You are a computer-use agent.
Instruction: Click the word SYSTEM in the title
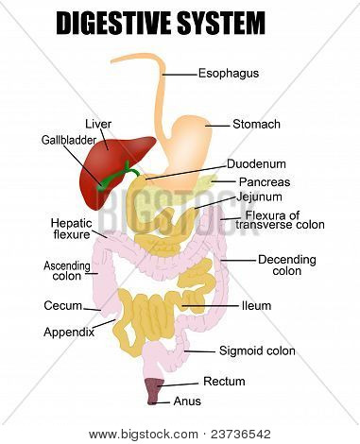pyautogui.click(x=221, y=23)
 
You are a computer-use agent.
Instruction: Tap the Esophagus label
pyautogui.click(x=229, y=74)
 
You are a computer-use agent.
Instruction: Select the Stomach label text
pyautogui.click(x=256, y=124)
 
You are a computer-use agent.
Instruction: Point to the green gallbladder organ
pyautogui.click(x=117, y=177)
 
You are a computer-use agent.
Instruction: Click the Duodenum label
pyautogui.click(x=256, y=163)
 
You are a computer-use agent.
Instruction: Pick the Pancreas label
pyautogui.click(x=265, y=181)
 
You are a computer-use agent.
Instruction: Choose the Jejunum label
pyautogui.click(x=259, y=197)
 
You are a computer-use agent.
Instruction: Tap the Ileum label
pyautogui.click(x=256, y=306)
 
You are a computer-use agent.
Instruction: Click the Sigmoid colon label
pyautogui.click(x=257, y=350)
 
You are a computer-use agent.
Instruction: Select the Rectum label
pyautogui.click(x=224, y=382)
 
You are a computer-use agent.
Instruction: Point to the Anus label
pyautogui.click(x=187, y=401)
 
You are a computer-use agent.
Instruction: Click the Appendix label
pyautogui.click(x=69, y=333)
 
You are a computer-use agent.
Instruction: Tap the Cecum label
pyautogui.click(x=63, y=305)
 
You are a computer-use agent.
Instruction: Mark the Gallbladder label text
pyautogui.click(x=69, y=140)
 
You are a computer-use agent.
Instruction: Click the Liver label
pyautogui.click(x=98, y=124)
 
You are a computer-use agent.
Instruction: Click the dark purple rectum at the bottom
pyautogui.click(x=153, y=390)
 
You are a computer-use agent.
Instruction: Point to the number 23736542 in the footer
pyautogui.click(x=241, y=435)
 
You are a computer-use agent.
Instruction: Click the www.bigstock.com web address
pyautogui.click(x=144, y=435)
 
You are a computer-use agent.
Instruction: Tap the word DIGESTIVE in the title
pyautogui.click(x=114, y=23)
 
